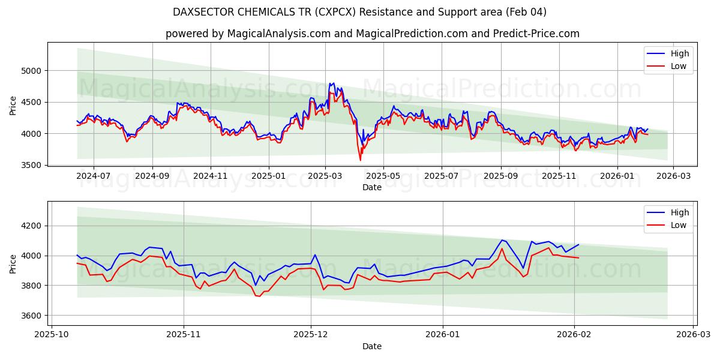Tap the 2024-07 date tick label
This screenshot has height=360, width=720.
[x=94, y=176]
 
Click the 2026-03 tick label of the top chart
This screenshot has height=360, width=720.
[x=673, y=176]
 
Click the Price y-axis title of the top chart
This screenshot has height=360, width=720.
[x=13, y=106]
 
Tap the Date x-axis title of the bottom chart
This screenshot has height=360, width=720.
[x=372, y=346]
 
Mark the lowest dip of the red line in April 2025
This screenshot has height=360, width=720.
[x=360, y=160]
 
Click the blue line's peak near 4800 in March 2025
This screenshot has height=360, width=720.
[x=334, y=83]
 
